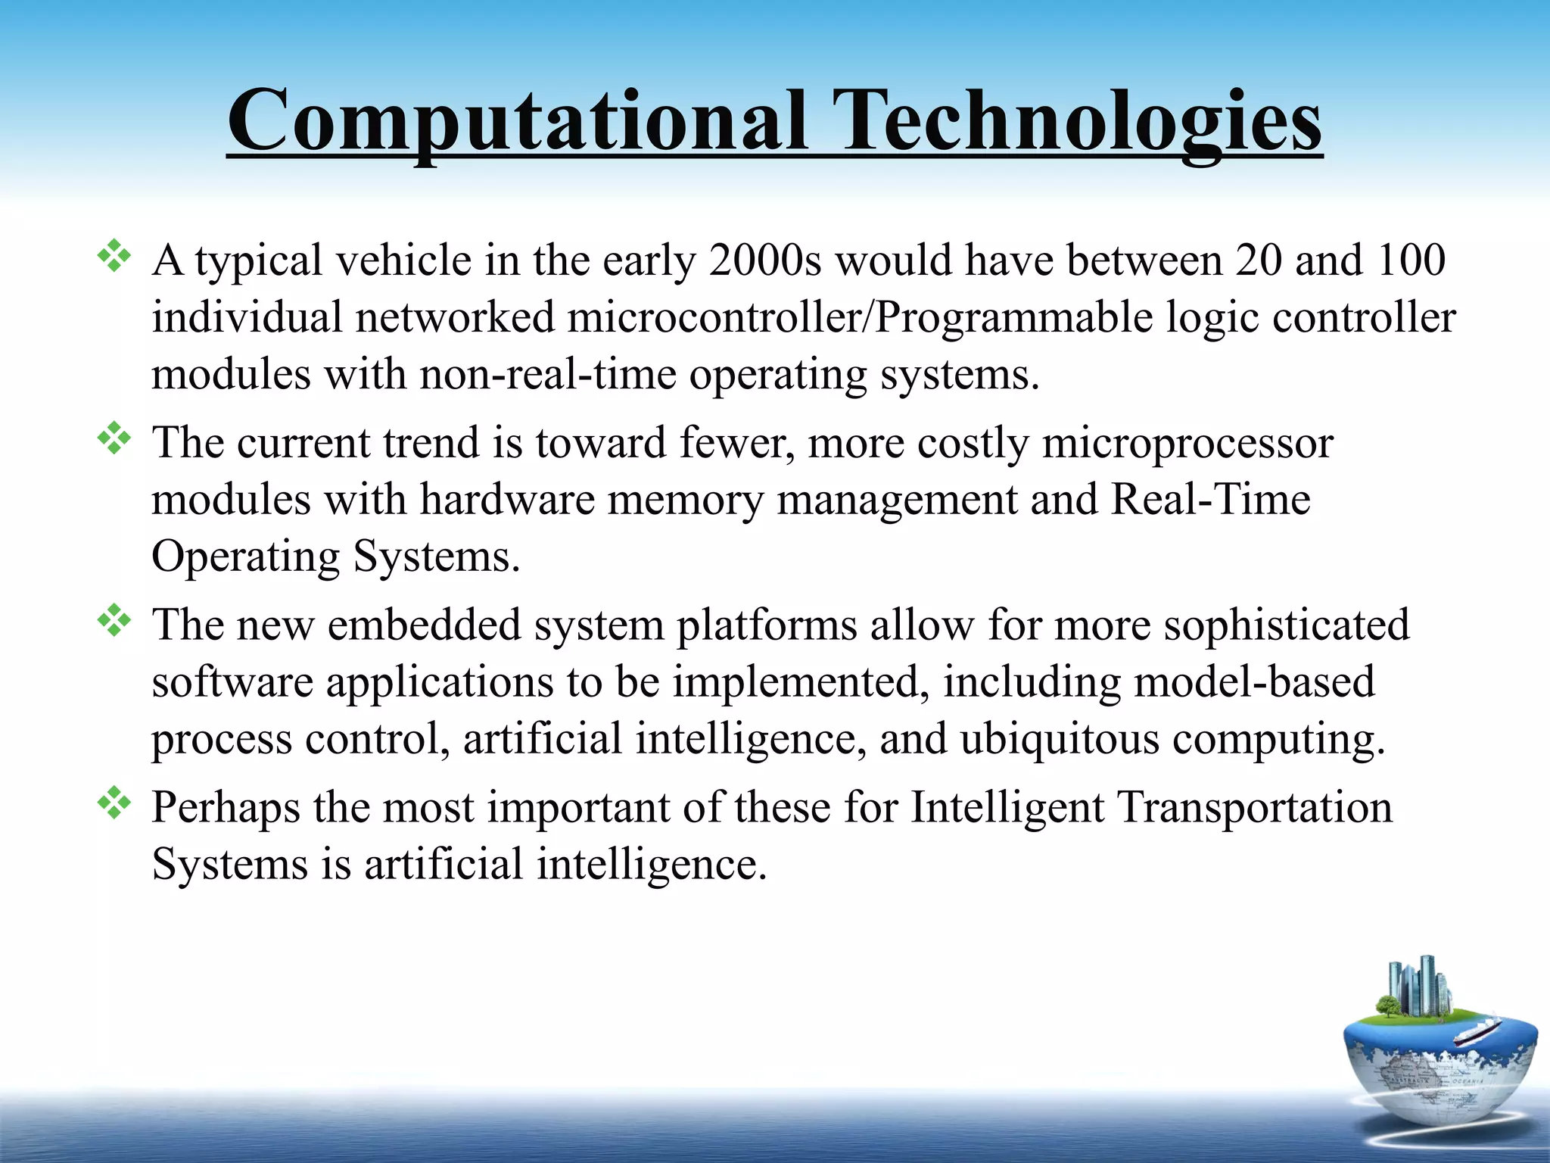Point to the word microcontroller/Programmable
pyautogui.click(x=860, y=318)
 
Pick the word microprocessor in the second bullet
pyautogui.click(x=1187, y=443)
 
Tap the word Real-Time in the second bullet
pyautogui.click(x=1210, y=500)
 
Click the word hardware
pyautogui.click(x=508, y=500)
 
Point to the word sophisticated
pyautogui.click(x=1287, y=625)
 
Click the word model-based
pyautogui.click(x=1254, y=682)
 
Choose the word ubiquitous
pyautogui.click(x=1060, y=739)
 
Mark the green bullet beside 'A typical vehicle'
pyautogui.click(x=114, y=256)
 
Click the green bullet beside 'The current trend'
pyautogui.click(x=114, y=438)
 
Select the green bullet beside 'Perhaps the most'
pyautogui.click(x=114, y=803)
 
